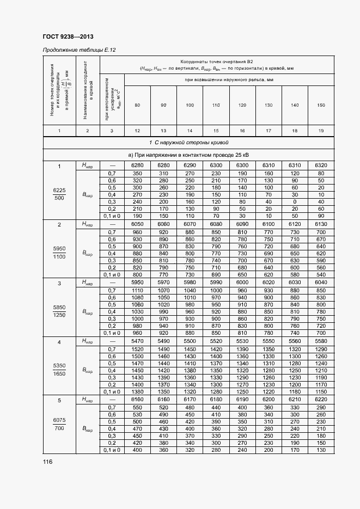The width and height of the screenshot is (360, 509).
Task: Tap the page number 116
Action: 47,462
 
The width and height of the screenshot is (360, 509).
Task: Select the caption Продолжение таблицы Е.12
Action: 79,50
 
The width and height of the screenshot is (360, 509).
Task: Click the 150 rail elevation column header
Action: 321,105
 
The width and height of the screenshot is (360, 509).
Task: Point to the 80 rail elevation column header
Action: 137,105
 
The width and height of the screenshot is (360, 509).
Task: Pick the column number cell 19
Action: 321,131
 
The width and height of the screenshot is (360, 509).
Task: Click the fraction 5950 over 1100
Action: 59,253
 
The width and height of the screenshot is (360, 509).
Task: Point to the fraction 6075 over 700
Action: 59,424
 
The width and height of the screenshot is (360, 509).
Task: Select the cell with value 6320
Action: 321,165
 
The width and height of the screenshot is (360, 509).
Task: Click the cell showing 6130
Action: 321,224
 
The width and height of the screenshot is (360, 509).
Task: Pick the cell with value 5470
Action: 137,341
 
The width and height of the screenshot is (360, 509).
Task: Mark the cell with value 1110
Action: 137,290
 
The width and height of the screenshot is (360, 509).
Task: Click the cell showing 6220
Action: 321,400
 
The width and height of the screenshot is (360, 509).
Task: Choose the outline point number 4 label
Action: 59,341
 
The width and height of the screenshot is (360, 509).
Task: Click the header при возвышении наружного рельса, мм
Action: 229,80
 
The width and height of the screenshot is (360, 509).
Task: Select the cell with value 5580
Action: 321,341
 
